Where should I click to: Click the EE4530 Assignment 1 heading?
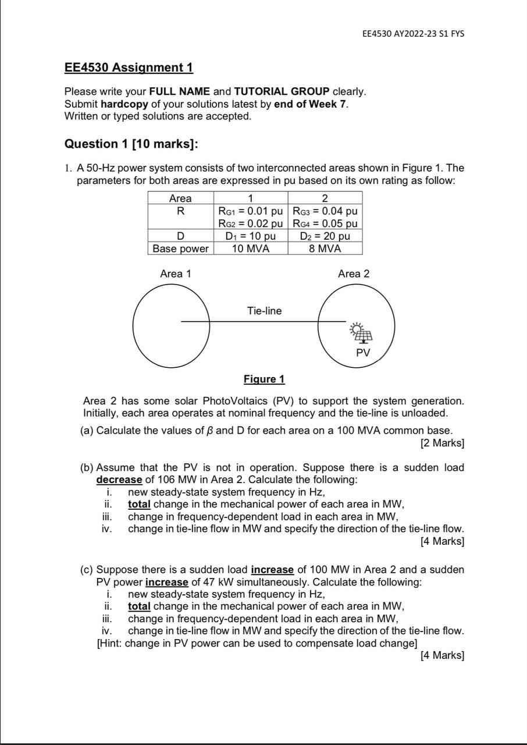tap(129, 68)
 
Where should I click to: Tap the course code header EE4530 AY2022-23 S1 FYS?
tap(413, 34)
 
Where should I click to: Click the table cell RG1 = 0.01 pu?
tap(250, 211)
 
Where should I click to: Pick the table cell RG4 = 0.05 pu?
tap(325, 223)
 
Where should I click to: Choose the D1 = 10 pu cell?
tap(250, 236)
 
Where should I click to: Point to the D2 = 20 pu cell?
tap(325, 236)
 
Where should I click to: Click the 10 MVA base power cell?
tap(250, 249)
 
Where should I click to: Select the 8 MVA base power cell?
tap(325, 249)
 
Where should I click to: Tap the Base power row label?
tap(180, 249)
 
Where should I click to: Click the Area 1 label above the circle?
tap(175, 274)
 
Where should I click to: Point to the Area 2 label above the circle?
tap(354, 274)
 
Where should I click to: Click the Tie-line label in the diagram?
tap(264, 311)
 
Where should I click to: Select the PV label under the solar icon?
tap(363, 353)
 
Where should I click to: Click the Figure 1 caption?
tap(264, 379)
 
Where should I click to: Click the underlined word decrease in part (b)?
tap(119, 480)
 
